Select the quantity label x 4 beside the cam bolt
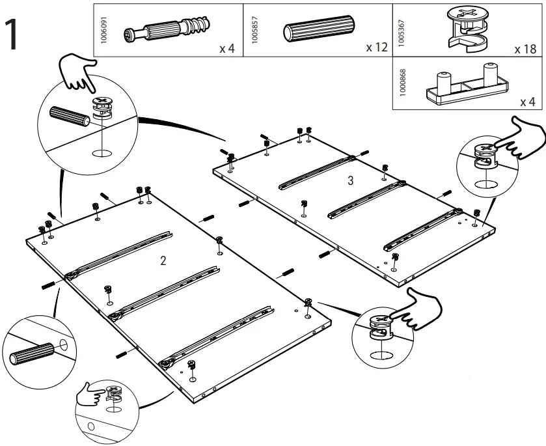226,49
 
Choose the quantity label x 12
375,48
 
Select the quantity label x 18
524,49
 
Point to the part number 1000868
402,85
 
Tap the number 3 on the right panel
350,181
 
